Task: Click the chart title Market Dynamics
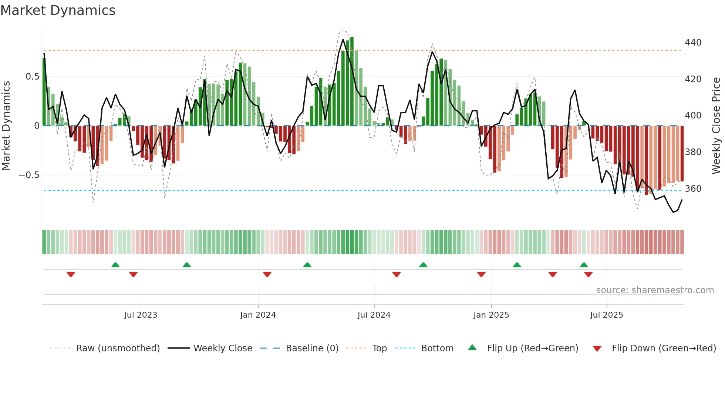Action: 58,10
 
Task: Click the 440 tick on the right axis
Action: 693,43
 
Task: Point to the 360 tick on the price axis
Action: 693,189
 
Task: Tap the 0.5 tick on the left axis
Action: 32,77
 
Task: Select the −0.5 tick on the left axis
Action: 29,175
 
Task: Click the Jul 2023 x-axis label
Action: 141,315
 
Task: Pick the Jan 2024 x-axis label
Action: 258,315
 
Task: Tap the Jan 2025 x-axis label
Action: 491,315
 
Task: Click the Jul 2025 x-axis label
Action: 607,315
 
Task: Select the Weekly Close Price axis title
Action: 716,126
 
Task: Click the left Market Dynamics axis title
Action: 6,126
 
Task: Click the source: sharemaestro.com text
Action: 655,290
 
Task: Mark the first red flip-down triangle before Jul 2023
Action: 71,274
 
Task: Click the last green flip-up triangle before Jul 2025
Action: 584,265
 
